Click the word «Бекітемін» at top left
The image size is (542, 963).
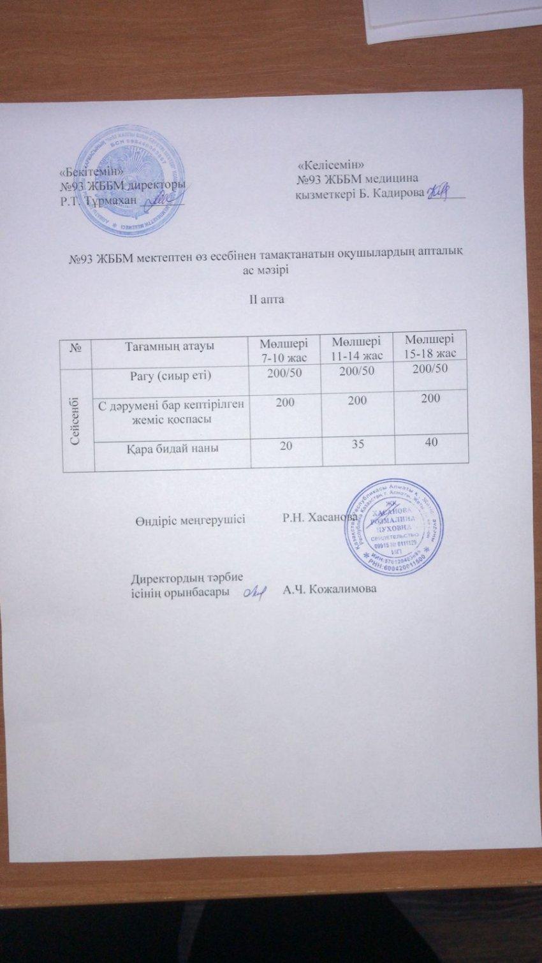[91, 171]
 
